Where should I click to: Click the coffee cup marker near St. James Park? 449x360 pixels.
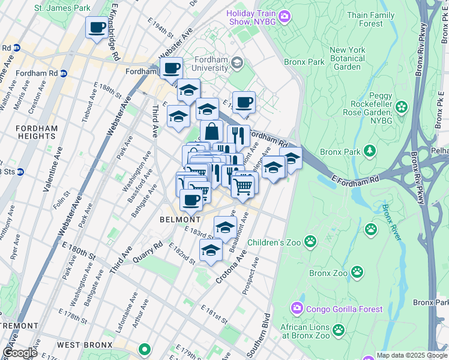(97, 26)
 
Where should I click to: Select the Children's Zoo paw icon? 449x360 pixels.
(310, 242)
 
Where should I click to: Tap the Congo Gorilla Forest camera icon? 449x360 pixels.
(297, 309)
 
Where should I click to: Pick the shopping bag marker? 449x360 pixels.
(211, 131)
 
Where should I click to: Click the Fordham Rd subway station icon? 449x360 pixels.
(64, 74)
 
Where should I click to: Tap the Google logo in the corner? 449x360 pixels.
(20, 353)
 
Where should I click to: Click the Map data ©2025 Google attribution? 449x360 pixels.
(412, 355)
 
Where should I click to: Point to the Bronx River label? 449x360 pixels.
(391, 223)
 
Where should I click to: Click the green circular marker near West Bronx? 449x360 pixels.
(143, 349)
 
